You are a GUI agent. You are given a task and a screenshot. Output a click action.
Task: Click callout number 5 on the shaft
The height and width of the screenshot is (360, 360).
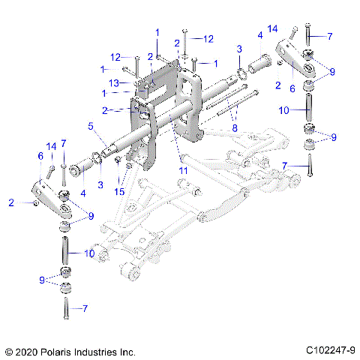(91, 127)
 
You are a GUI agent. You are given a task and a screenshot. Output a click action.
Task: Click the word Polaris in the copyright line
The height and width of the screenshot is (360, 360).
(65, 351)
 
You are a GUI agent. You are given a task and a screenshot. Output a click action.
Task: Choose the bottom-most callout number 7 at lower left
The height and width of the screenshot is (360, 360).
(85, 308)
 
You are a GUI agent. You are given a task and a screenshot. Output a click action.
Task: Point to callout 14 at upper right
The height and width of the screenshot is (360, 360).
(273, 28)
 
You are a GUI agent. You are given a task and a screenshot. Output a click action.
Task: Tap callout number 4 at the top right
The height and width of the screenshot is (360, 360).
(260, 35)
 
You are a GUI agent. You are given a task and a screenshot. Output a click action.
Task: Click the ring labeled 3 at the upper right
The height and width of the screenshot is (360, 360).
(244, 73)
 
